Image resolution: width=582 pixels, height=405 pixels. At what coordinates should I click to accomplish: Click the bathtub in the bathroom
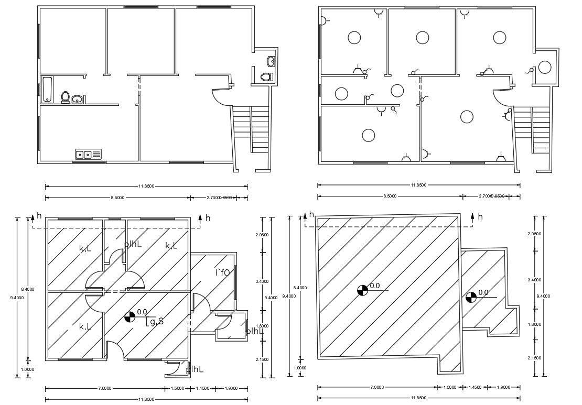47,89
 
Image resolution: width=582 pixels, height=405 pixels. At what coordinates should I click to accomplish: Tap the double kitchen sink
89,154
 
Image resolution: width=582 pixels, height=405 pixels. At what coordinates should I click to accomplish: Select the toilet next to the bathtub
66,97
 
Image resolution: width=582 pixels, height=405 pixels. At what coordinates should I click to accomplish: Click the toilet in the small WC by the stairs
266,76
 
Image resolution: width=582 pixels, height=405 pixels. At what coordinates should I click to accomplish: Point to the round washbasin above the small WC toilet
271,62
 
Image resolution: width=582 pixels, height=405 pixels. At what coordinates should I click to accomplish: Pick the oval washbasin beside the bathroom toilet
78,98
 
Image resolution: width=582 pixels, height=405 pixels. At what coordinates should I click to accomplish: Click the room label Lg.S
155,321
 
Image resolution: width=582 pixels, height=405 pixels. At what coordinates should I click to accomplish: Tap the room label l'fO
222,272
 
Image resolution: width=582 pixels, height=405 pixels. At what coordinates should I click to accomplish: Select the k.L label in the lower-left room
85,326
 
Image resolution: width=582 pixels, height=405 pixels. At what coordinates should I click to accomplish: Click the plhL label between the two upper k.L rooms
133,244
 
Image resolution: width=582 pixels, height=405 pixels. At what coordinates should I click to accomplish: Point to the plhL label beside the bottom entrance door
195,369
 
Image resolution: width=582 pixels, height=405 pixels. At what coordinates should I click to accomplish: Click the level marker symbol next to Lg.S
129,316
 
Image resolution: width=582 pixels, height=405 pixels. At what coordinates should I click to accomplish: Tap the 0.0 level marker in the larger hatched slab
362,290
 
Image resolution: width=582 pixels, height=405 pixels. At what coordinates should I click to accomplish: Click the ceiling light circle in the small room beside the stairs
545,68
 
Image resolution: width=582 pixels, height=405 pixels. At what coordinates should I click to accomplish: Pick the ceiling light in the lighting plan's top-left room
354,37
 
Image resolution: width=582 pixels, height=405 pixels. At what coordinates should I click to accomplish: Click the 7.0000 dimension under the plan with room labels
104,388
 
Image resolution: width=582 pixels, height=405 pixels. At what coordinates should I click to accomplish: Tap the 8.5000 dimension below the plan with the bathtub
117,198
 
